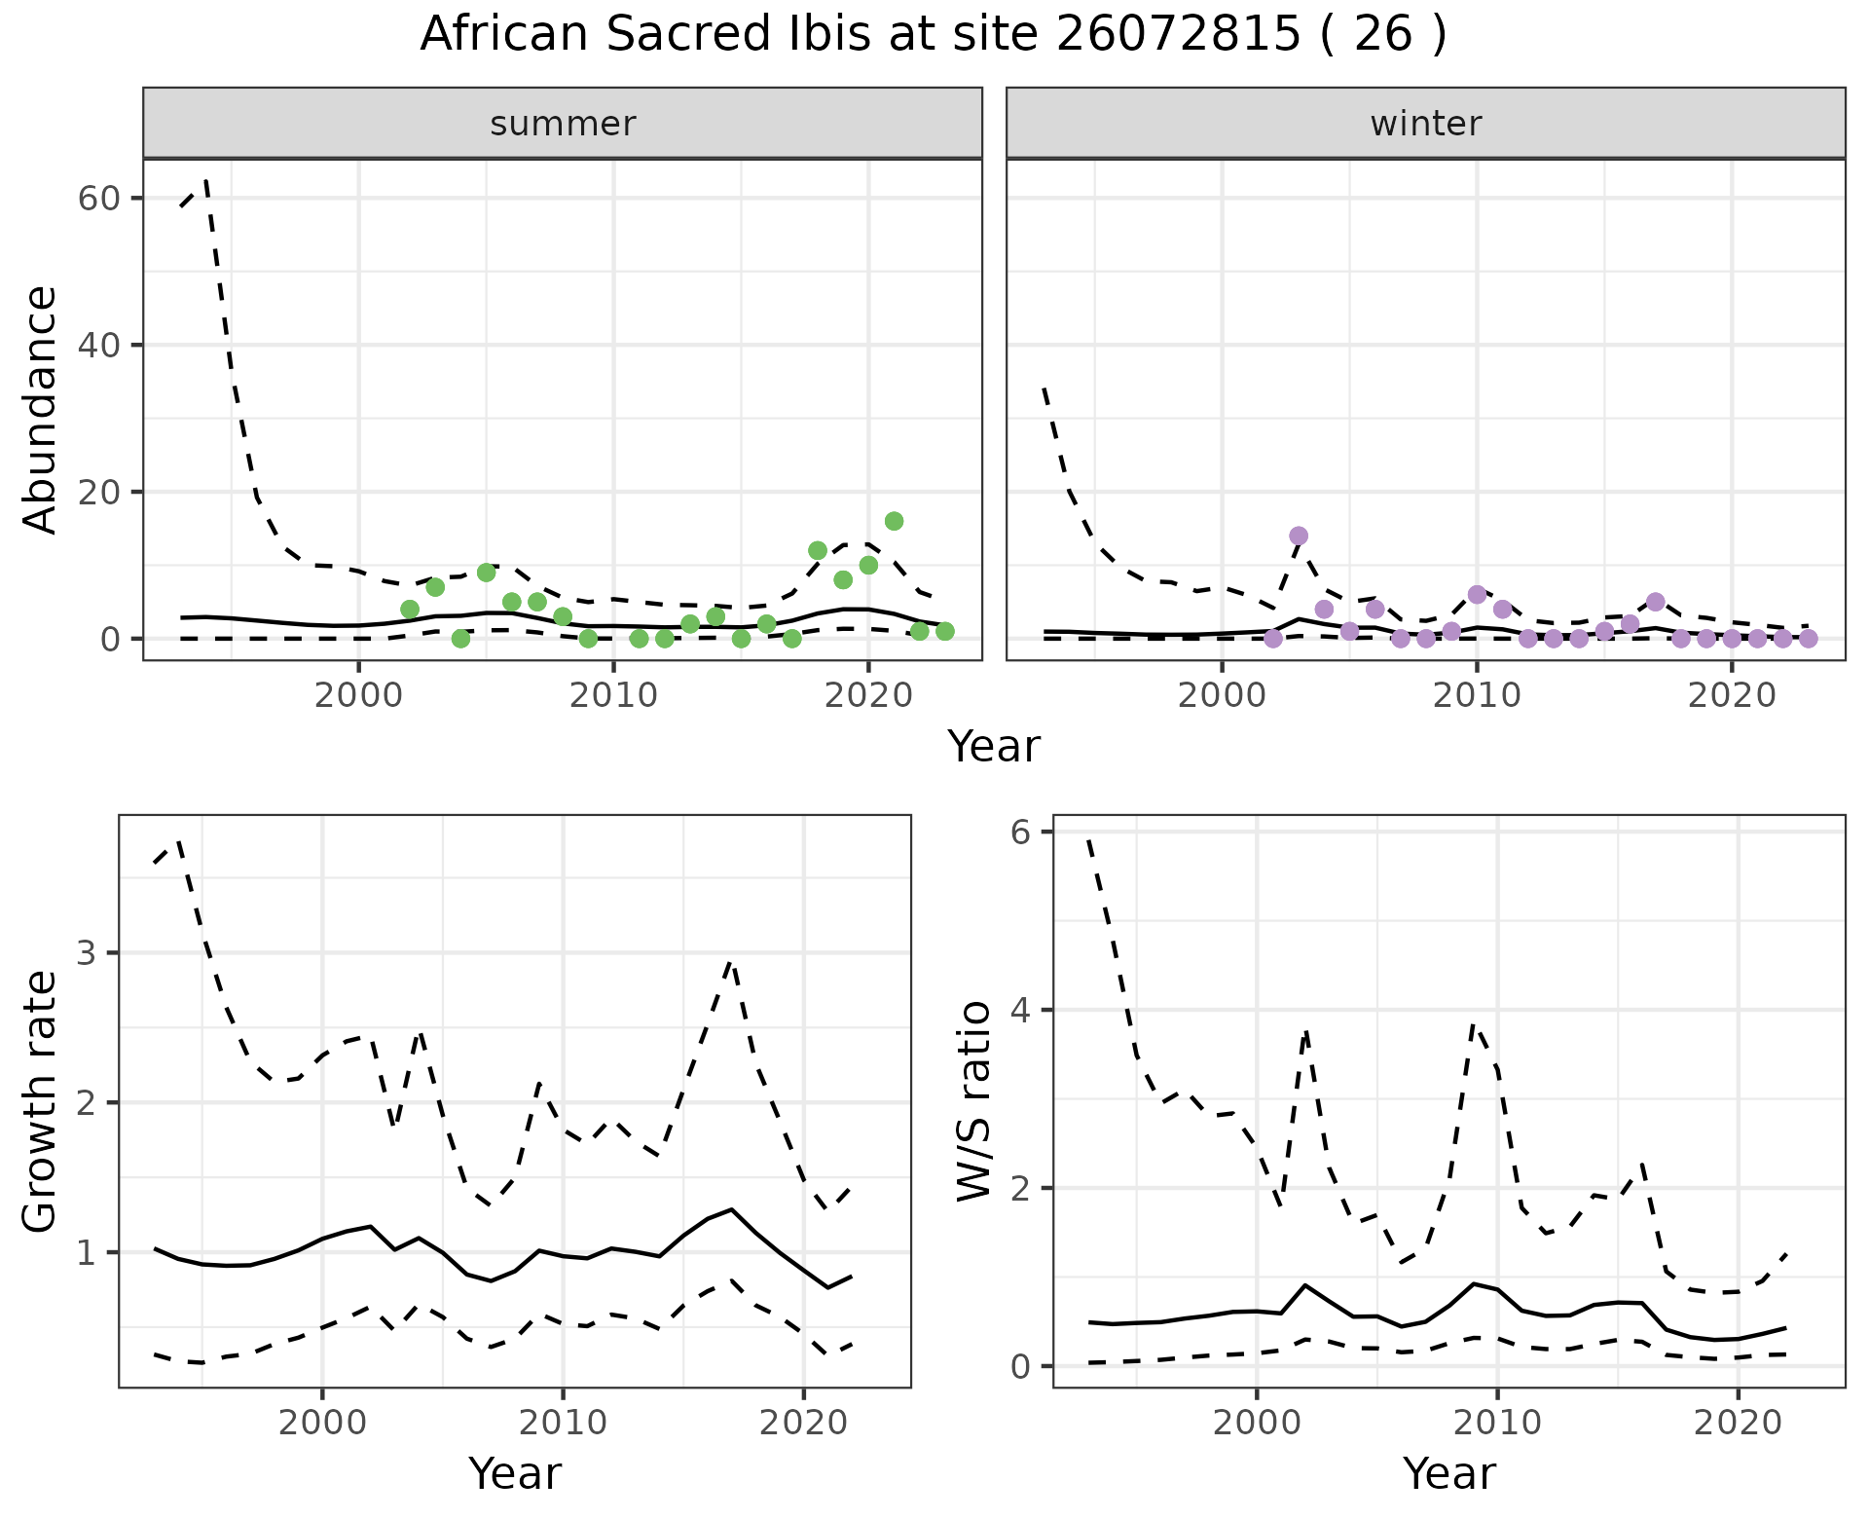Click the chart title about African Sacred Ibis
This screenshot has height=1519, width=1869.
933,35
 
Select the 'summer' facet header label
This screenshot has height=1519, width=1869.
563,124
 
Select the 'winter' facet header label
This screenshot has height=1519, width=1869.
1425,124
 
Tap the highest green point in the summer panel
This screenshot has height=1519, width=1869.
894,521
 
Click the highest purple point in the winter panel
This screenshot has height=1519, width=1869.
1299,536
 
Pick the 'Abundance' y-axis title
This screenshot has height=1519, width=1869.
41,409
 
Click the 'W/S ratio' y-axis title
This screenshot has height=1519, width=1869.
973,1100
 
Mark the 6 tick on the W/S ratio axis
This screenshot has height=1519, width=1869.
1020,832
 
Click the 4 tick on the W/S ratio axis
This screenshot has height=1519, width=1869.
1020,1010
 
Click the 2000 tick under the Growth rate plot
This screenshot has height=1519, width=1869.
322,1423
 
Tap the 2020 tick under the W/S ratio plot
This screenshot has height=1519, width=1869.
1738,1423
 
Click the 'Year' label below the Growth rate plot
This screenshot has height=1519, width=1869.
515,1473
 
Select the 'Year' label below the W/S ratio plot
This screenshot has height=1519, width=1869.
1448,1473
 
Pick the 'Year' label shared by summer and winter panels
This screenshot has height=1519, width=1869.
994,747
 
